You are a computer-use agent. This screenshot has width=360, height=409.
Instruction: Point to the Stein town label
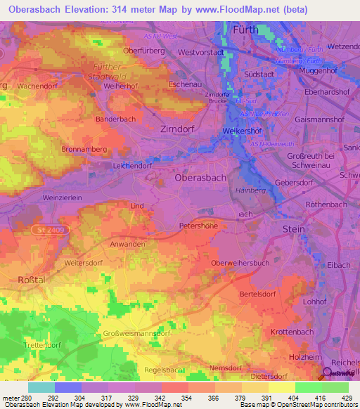click(x=293, y=229)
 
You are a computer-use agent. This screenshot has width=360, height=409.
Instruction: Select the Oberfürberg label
click(x=143, y=51)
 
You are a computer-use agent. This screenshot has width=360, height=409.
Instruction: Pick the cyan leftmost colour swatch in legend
click(x=41, y=387)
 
